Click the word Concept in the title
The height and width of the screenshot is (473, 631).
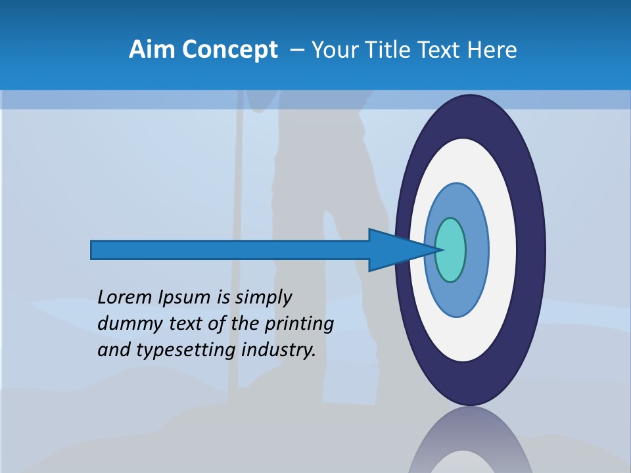[230, 50]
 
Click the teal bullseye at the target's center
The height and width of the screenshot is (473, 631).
[451, 250]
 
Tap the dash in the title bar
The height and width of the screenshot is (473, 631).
[296, 50]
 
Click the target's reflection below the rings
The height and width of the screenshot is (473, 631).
[471, 443]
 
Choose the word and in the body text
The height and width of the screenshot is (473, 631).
[112, 349]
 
